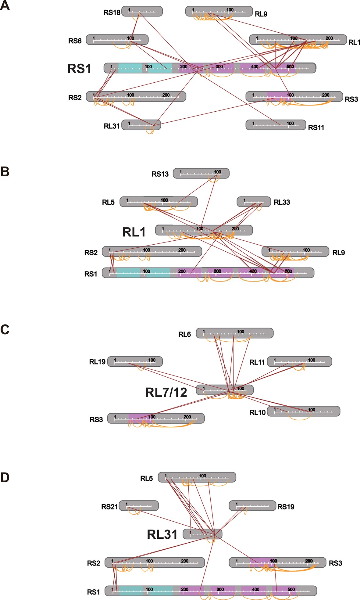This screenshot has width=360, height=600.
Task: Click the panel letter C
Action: (x=5, y=329)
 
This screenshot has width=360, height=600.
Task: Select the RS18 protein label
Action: (x=112, y=13)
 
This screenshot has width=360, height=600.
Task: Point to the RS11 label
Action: (x=316, y=128)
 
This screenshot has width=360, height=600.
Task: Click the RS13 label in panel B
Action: (x=160, y=174)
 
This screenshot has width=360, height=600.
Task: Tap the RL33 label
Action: (x=282, y=202)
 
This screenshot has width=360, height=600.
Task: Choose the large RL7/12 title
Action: (x=166, y=393)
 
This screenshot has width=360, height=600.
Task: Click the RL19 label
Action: (x=97, y=362)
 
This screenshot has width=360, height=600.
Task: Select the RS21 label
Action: (x=109, y=507)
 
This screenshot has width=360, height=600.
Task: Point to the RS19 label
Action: (x=286, y=507)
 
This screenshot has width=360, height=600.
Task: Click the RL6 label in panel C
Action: (x=184, y=335)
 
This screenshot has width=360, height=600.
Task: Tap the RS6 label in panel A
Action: (x=75, y=41)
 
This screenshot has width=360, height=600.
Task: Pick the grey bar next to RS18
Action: (x=142, y=11)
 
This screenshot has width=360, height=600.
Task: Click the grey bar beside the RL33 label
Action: (x=254, y=202)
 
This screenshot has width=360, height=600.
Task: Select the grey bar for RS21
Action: (x=139, y=505)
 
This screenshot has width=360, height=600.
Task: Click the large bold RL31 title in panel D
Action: (x=162, y=535)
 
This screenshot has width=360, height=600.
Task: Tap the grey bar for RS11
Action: (x=276, y=125)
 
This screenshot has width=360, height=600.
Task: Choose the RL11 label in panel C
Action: (x=257, y=362)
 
